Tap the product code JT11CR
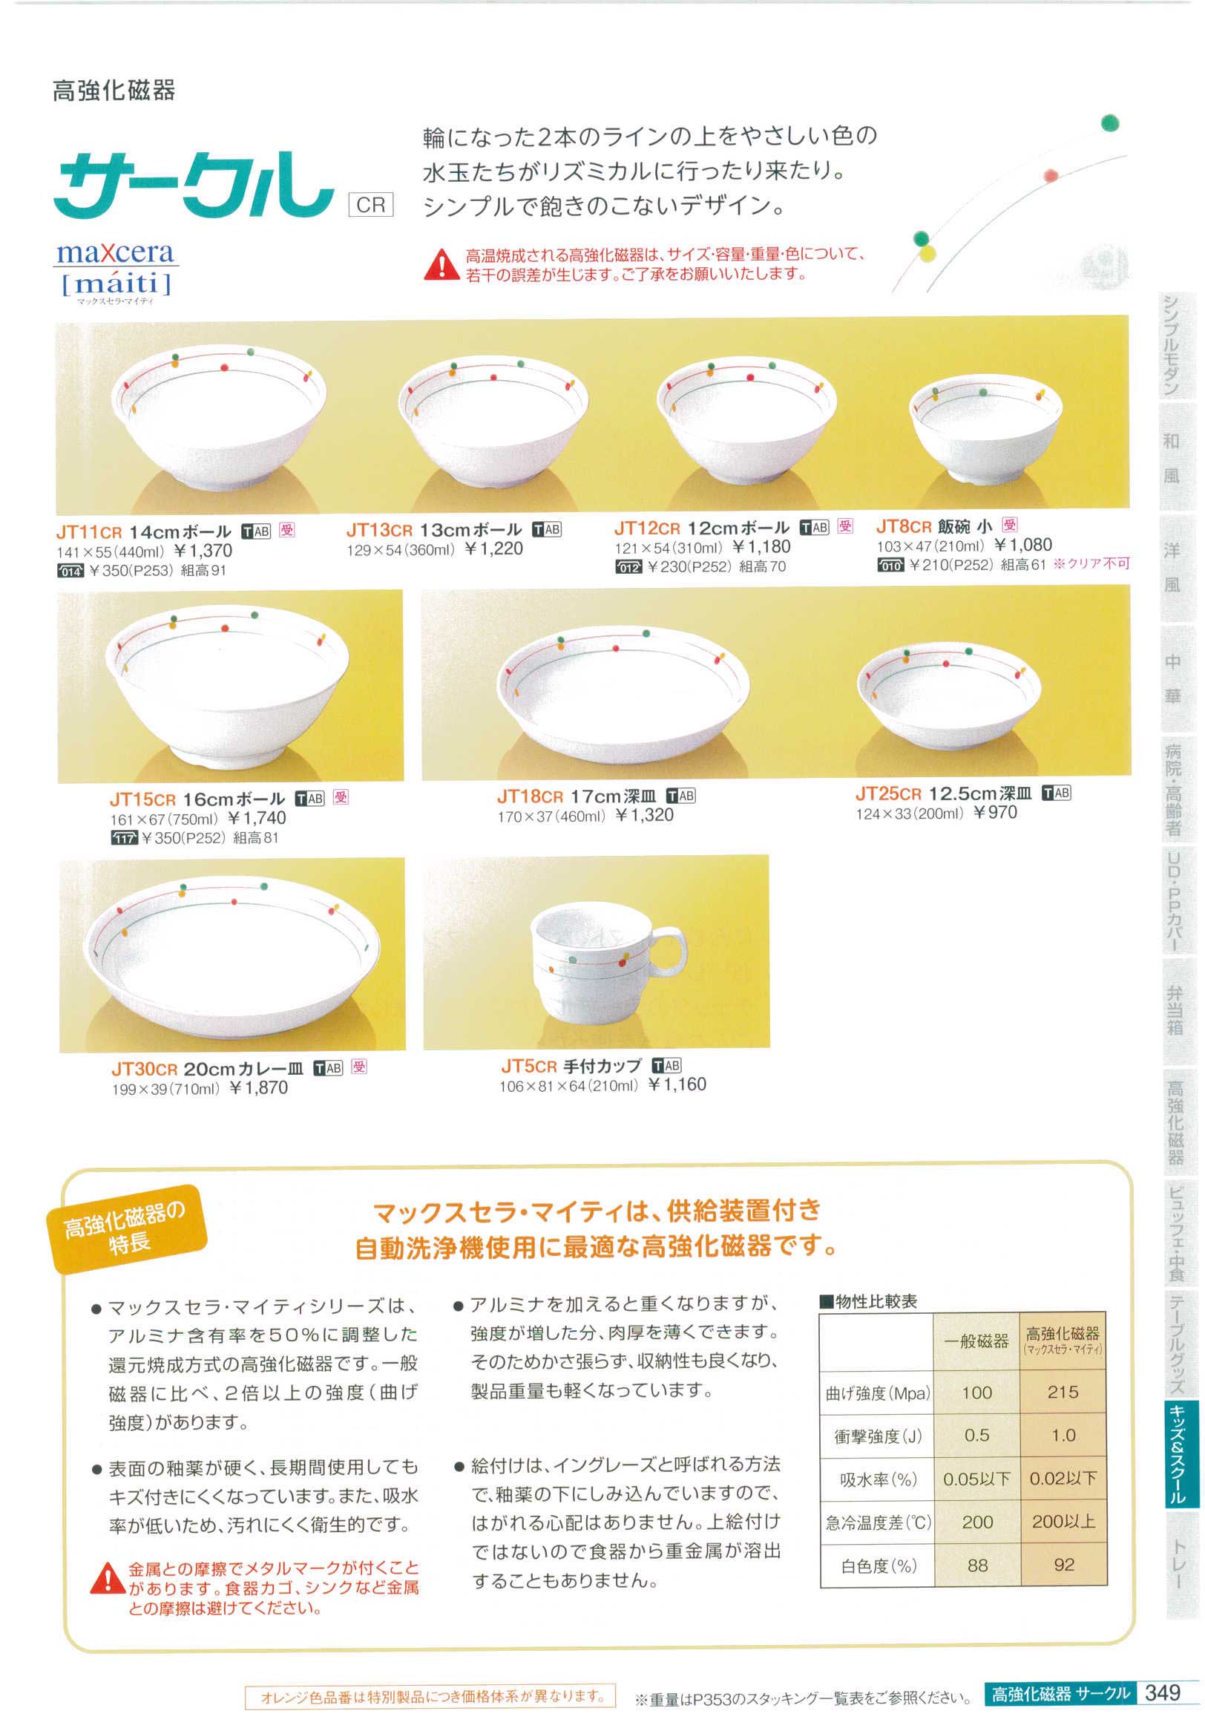89,531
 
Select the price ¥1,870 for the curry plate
257,1087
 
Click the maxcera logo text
114,253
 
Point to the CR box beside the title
371,205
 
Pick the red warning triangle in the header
439,265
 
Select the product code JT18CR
530,796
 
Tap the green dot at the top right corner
1109,123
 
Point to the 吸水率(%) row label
878,1479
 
